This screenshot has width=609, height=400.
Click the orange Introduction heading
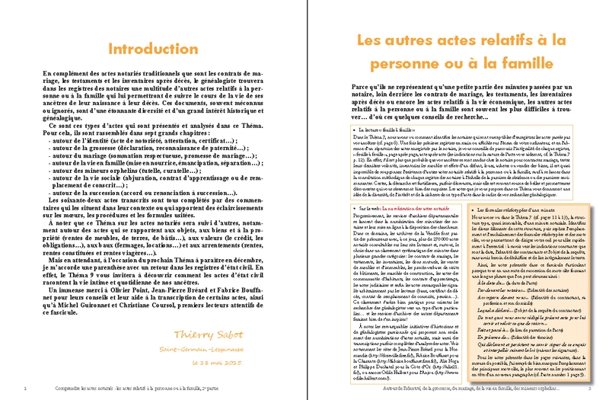(x=152, y=49)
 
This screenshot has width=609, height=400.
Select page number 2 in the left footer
(x=26, y=388)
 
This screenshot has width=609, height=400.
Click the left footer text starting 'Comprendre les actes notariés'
(x=122, y=388)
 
